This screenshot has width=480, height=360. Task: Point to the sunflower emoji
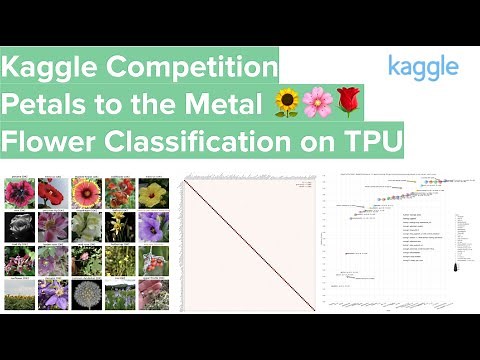coord(287,102)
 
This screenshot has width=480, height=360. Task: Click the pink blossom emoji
coord(317,102)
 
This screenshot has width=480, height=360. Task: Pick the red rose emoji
coord(347,102)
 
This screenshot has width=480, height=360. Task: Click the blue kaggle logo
coord(423,67)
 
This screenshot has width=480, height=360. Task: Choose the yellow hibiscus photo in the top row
coord(152,194)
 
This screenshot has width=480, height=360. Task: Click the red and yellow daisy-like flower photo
coord(86,193)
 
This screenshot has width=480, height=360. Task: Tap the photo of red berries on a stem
coord(152,261)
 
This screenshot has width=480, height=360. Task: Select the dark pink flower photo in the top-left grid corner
coord(20,193)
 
